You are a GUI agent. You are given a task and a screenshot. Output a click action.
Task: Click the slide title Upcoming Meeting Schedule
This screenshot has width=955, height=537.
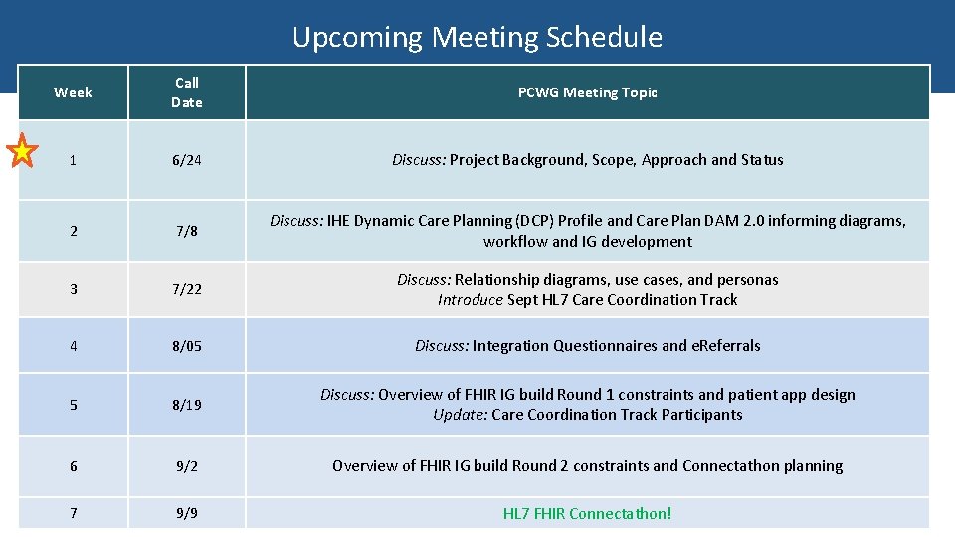coord(477,37)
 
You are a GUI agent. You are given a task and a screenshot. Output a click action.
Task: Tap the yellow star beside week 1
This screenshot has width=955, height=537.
coord(22,152)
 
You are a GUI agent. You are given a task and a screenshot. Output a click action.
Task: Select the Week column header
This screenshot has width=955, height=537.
coord(73,92)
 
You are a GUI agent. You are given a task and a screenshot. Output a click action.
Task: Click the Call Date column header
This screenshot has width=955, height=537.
coord(186,92)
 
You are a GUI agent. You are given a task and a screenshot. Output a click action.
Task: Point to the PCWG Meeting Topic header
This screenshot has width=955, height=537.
coord(587,92)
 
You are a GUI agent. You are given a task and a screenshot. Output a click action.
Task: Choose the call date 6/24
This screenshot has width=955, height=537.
coord(186,160)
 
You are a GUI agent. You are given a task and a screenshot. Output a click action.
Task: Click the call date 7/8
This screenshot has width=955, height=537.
coord(186,231)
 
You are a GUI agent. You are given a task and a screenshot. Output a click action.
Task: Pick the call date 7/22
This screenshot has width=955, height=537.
coord(186,289)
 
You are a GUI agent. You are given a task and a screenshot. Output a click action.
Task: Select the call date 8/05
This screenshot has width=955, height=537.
coord(186,346)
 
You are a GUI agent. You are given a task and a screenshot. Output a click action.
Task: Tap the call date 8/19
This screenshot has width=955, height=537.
coord(186,405)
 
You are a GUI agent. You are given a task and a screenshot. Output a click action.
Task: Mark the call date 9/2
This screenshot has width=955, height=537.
coord(186,466)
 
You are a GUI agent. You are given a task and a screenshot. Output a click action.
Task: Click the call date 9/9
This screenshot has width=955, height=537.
coord(186,514)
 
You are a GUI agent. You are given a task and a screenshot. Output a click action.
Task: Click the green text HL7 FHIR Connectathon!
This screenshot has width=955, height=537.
coord(587,514)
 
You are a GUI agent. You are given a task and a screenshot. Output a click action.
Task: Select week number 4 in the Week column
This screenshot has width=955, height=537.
coord(73,346)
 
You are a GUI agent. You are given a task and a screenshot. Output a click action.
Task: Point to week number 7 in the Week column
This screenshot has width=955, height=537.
coord(73,514)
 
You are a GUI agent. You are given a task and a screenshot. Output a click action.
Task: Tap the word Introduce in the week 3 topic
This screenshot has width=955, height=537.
coord(471,299)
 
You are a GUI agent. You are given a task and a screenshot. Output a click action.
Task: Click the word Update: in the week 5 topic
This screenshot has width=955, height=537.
coord(460,415)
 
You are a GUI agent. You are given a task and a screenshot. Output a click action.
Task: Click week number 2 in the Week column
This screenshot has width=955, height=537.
coord(73,231)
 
